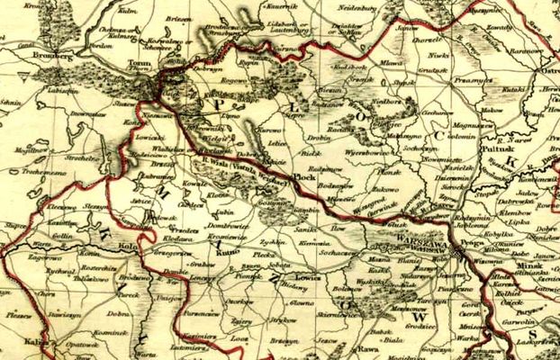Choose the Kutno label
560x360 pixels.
click(225, 255)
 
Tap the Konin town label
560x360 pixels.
click(65, 256)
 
